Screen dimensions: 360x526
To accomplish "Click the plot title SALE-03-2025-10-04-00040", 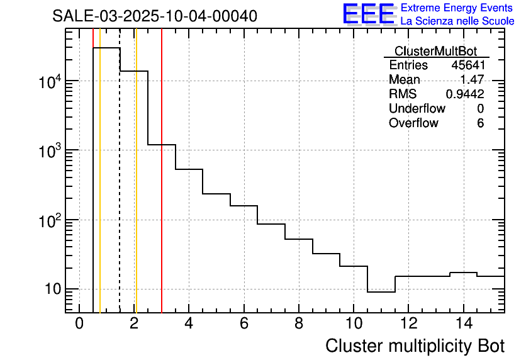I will coord(155,16).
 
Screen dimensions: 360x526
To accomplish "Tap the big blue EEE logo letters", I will coord(369,14).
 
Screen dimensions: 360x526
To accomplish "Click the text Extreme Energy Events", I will coord(457,8).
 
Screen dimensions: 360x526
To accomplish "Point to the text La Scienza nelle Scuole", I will coord(457,21).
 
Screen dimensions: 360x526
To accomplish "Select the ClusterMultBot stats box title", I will coord(435,51).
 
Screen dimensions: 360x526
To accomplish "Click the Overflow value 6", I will coord(480,123).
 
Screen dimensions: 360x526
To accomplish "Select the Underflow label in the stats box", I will coord(417,109).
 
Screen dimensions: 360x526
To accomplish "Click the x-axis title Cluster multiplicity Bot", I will coord(415,346).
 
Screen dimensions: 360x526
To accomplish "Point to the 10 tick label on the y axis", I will coord(52,290).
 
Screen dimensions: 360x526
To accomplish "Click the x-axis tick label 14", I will coord(463,323).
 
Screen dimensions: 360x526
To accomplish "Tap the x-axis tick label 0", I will coord(79,323).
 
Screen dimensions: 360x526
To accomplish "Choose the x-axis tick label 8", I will coord(298,323).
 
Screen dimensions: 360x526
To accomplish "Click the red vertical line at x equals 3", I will coord(162,189).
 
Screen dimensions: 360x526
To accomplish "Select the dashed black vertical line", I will coord(120,189).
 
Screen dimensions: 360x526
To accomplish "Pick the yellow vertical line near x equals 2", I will coord(136,189).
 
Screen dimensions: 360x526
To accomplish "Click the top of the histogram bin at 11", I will coord(381,292).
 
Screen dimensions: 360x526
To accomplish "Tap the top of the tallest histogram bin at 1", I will coord(106,48).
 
